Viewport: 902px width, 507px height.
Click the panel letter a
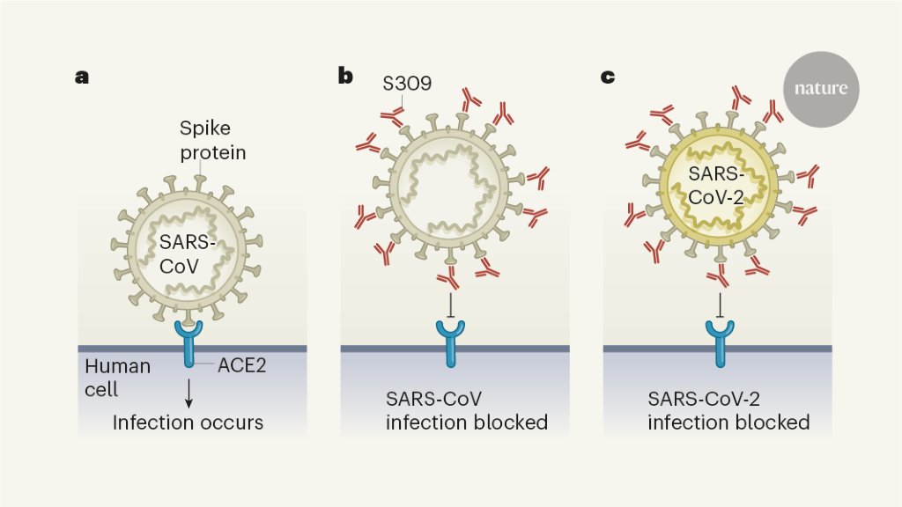(x=82, y=77)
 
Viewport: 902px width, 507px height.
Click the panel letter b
(x=345, y=77)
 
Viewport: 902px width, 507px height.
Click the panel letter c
(x=608, y=77)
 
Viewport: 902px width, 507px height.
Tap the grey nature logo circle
(x=820, y=88)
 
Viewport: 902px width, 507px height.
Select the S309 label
(x=406, y=84)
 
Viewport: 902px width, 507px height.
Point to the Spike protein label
(x=212, y=141)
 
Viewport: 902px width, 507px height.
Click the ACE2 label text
(x=242, y=365)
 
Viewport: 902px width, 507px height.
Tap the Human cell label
(x=117, y=376)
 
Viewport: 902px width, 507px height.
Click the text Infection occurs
(x=188, y=422)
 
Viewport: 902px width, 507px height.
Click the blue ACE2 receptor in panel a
(x=189, y=342)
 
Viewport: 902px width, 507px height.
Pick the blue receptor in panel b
(x=452, y=342)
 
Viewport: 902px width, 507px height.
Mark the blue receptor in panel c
(x=721, y=342)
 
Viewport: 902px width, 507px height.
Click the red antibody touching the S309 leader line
(x=391, y=116)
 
